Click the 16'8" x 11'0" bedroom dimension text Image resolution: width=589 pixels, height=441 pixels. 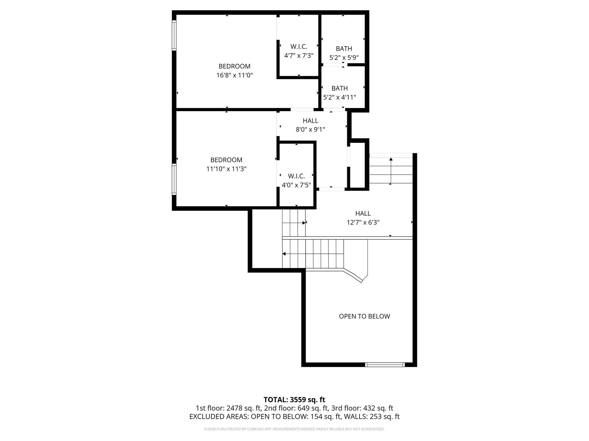coord(234,76)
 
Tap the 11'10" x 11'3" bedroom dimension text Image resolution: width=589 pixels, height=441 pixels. coord(226,169)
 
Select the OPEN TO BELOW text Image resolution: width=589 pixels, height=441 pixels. coord(364,316)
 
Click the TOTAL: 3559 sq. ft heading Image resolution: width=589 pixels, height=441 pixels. coord(294,400)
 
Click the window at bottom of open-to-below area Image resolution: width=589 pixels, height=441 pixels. coord(385,365)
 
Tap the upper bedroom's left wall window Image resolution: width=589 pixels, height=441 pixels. coord(174,35)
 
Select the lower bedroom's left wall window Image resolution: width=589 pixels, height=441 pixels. coord(174,179)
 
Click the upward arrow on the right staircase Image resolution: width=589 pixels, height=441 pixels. coord(391,159)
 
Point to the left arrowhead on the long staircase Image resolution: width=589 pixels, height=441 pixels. coord(284,254)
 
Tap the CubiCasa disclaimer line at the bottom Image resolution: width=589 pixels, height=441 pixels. coord(294,429)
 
